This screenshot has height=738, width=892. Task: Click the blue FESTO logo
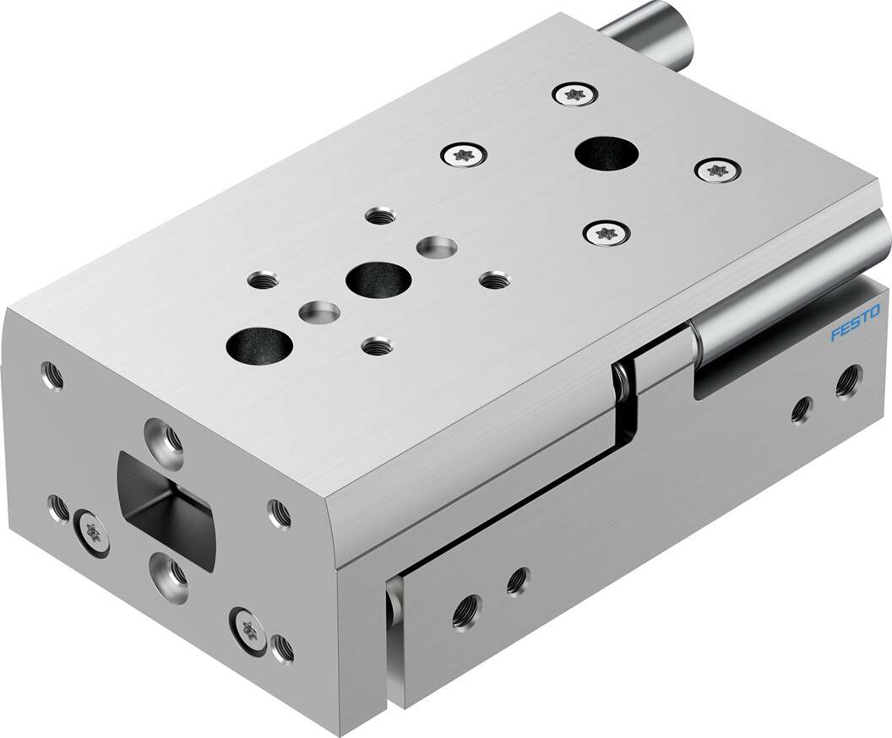(x=854, y=325)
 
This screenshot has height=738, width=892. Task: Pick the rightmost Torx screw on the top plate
(x=716, y=170)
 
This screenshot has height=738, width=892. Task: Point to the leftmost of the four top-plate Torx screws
(x=464, y=155)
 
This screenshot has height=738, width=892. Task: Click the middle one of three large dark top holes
(x=378, y=279)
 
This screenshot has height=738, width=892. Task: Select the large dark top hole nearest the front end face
(x=259, y=343)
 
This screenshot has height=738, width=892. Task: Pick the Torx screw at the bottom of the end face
(x=248, y=627)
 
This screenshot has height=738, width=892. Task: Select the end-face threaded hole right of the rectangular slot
(x=279, y=512)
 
